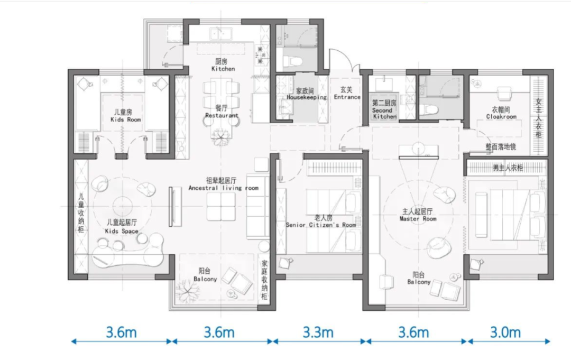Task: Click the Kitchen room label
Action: click(223, 68)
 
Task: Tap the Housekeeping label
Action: click(307, 97)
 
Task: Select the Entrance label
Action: click(347, 97)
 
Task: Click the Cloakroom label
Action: click(501, 116)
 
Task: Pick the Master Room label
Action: click(418, 218)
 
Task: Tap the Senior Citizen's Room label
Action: click(321, 225)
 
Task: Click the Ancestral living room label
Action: click(223, 188)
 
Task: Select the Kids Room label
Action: click(126, 119)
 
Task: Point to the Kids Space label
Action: click(122, 231)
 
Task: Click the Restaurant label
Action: click(222, 115)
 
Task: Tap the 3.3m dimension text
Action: click(318, 333)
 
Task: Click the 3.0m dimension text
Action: click(505, 333)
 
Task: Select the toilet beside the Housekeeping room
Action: click(292, 61)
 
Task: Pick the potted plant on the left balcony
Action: click(188, 291)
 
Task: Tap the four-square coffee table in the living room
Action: click(221, 206)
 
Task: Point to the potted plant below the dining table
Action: click(222, 136)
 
